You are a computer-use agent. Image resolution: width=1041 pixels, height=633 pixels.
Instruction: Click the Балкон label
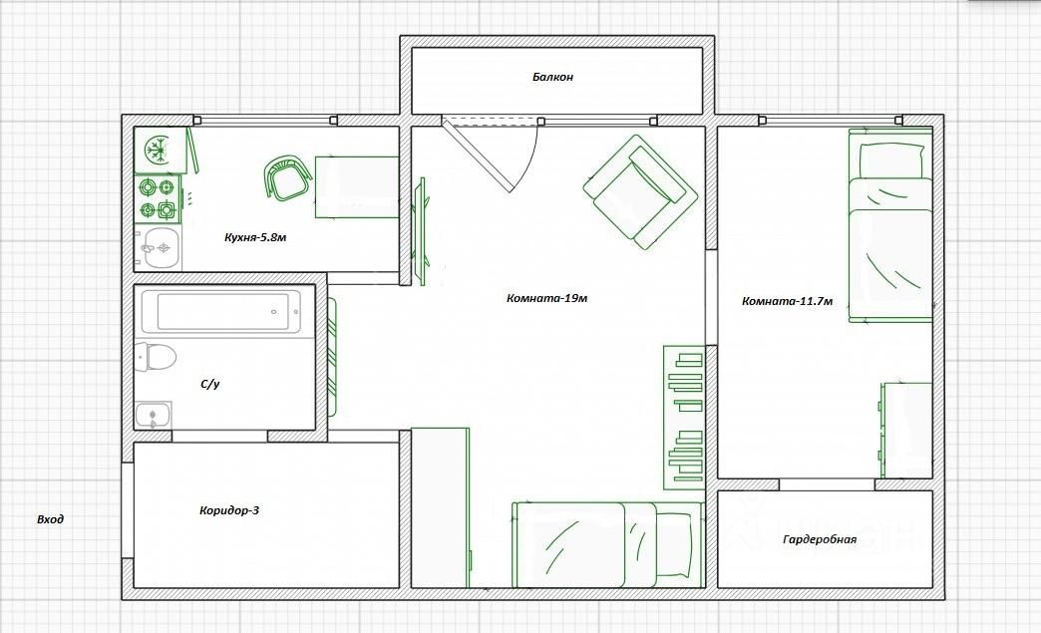coord(552,77)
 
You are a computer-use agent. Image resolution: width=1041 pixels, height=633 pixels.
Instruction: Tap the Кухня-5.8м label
coord(255,237)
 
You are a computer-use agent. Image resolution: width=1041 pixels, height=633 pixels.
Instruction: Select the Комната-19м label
coord(546,298)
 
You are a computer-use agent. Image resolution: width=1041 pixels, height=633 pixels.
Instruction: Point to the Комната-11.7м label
coord(788,301)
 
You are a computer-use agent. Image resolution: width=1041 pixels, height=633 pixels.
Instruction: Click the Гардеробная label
coord(820,539)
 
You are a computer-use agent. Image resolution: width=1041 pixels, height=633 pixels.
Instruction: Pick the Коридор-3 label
coord(229,510)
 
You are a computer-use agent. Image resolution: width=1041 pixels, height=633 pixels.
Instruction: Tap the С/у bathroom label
coord(209,384)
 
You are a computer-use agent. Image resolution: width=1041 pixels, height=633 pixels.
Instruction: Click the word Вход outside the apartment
coord(51,519)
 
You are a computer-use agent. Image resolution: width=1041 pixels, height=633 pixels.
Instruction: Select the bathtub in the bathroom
coord(221,311)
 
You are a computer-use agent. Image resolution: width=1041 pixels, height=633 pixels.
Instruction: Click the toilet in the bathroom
coord(156,357)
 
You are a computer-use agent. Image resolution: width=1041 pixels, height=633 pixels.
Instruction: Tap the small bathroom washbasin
coord(153,416)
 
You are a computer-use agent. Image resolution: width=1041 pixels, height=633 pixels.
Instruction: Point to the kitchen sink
coord(158,248)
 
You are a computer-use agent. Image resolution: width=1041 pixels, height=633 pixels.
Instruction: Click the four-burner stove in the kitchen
coord(158,198)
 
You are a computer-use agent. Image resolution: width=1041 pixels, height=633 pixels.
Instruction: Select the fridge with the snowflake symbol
coord(160,150)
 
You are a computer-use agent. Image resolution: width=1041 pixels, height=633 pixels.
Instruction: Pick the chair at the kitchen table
coord(288,177)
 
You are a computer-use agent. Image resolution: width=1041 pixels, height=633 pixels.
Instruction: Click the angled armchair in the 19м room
coord(640,192)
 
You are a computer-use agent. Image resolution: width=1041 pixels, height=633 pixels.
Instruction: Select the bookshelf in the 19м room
coord(684,418)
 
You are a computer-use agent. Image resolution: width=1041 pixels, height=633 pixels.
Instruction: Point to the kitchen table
coord(357,187)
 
